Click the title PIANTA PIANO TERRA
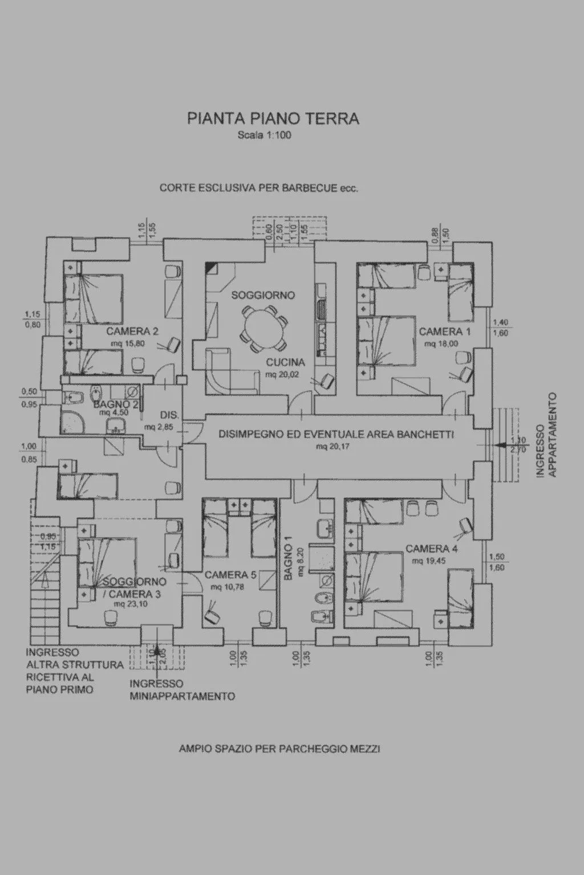pyautogui.click(x=273, y=118)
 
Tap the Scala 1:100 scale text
pyautogui.click(x=265, y=136)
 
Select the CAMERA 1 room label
pyautogui.click(x=445, y=332)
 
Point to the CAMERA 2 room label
pyautogui.click(x=132, y=332)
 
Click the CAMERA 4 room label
pyautogui.click(x=432, y=549)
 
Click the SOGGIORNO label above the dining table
pyautogui.click(x=263, y=295)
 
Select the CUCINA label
pyautogui.click(x=285, y=362)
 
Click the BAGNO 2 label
pyautogui.click(x=116, y=404)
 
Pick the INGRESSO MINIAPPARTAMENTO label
pyautogui.click(x=182, y=690)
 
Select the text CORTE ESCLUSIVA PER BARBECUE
pyautogui.click(x=258, y=188)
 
